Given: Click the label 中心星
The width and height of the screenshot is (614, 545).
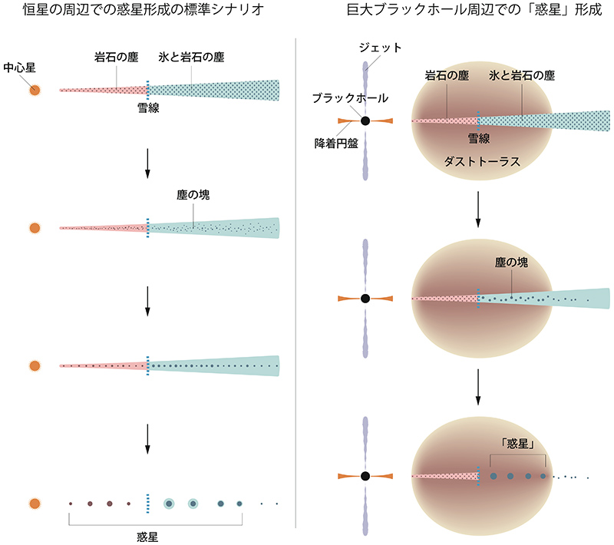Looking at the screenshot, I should (19, 68).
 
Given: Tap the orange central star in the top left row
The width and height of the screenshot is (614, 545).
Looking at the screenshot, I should (35, 90).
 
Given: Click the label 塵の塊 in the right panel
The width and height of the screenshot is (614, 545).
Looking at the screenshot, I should (512, 262).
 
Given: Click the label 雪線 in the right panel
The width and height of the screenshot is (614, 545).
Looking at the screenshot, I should (480, 139).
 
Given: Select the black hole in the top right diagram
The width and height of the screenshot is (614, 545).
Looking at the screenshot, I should (365, 121).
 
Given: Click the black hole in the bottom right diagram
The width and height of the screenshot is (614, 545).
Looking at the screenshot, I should (365, 477).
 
